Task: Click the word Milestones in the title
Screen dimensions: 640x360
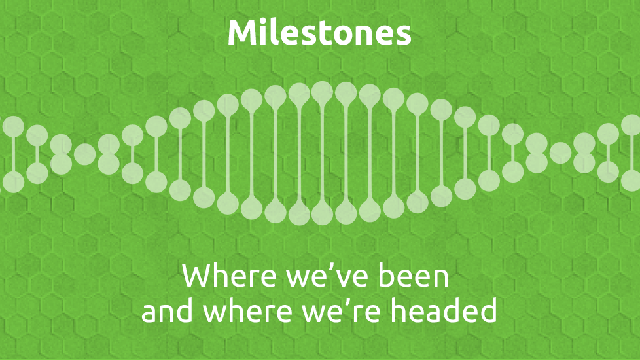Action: pos(319,32)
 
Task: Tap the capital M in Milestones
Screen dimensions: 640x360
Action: pos(241,33)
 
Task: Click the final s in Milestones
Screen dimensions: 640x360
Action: pos(403,36)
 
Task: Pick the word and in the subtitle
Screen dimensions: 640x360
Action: pos(166,310)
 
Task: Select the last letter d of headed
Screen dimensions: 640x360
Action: pos(488,310)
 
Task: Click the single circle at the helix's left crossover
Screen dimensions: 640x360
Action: pos(85,154)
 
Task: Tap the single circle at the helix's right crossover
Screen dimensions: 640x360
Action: pos(560,153)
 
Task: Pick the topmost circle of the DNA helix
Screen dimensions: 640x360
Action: pos(323,92)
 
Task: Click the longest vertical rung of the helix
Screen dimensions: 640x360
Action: pos(323,153)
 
